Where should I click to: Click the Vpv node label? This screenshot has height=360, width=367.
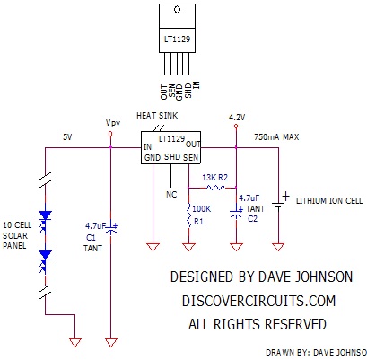112,122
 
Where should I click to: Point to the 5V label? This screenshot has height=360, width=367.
67,136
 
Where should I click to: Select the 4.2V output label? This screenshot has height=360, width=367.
237,118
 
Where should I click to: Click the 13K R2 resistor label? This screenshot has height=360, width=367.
217,178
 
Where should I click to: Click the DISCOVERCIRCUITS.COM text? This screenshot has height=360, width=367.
252,301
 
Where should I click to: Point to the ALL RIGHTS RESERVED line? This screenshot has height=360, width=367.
252,322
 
